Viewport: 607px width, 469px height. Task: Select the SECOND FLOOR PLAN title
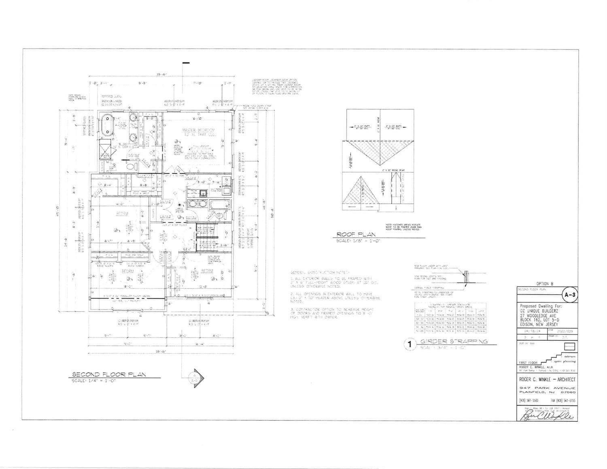[x=109, y=374]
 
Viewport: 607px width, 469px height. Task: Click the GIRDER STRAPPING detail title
[x=454, y=341]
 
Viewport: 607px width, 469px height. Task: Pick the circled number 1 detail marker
[x=410, y=344]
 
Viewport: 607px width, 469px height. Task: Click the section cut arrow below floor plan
[x=195, y=376]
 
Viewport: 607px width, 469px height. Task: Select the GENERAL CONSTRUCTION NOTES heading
[x=320, y=273]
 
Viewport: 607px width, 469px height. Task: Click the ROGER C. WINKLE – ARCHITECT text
[x=547, y=379]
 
